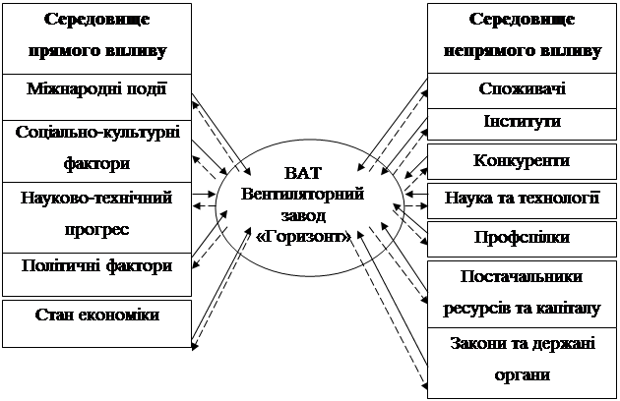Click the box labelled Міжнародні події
tap(96, 96)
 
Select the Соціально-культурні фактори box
tap(96, 151)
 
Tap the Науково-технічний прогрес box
tap(96, 217)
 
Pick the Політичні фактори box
tap(96, 274)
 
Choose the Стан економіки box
tap(96, 324)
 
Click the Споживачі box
tap(522, 90)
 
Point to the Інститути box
tap(522, 124)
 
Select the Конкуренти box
tap(522, 161)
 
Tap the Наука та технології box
tap(522, 200)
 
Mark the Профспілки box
tap(522, 239)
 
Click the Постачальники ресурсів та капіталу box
tap(522, 294)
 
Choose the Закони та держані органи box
tap(522, 363)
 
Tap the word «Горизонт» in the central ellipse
tap(303, 237)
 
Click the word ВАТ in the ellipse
tap(303, 173)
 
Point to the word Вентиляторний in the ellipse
tap(302, 195)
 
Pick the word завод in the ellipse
tap(303, 215)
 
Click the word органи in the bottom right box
tap(522, 374)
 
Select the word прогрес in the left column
tap(96, 230)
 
